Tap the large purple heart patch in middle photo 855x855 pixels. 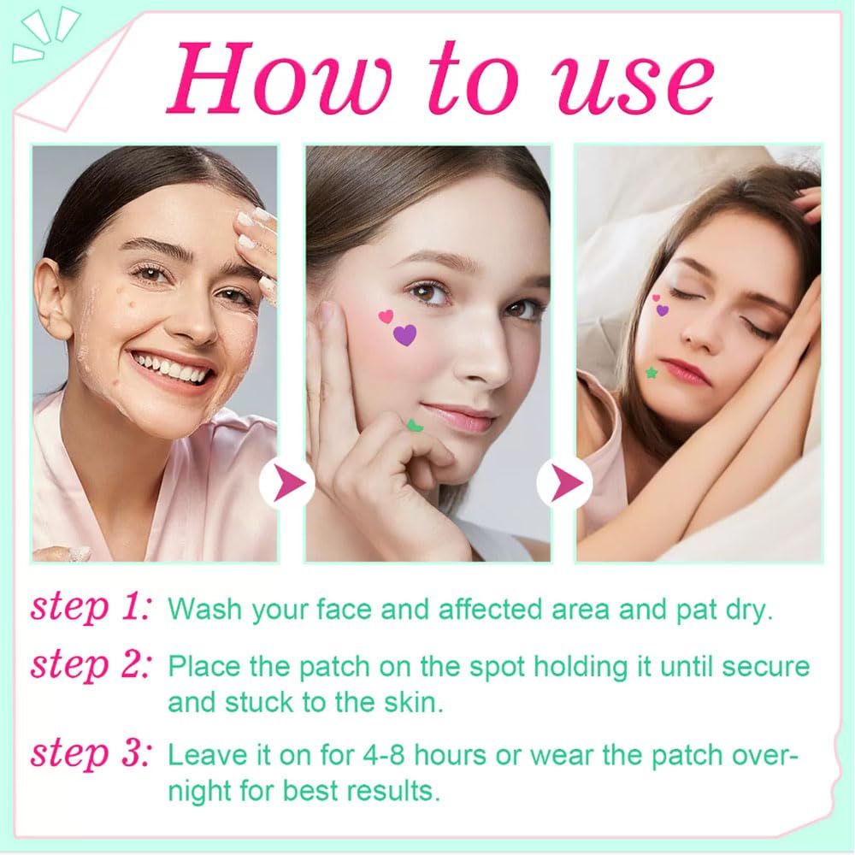(x=404, y=334)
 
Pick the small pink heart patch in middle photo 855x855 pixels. (x=386, y=316)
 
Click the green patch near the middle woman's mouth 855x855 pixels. (x=416, y=424)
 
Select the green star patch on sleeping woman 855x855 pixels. (x=652, y=372)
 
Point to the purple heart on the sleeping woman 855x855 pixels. (x=663, y=310)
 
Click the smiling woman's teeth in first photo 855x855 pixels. (x=174, y=369)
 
